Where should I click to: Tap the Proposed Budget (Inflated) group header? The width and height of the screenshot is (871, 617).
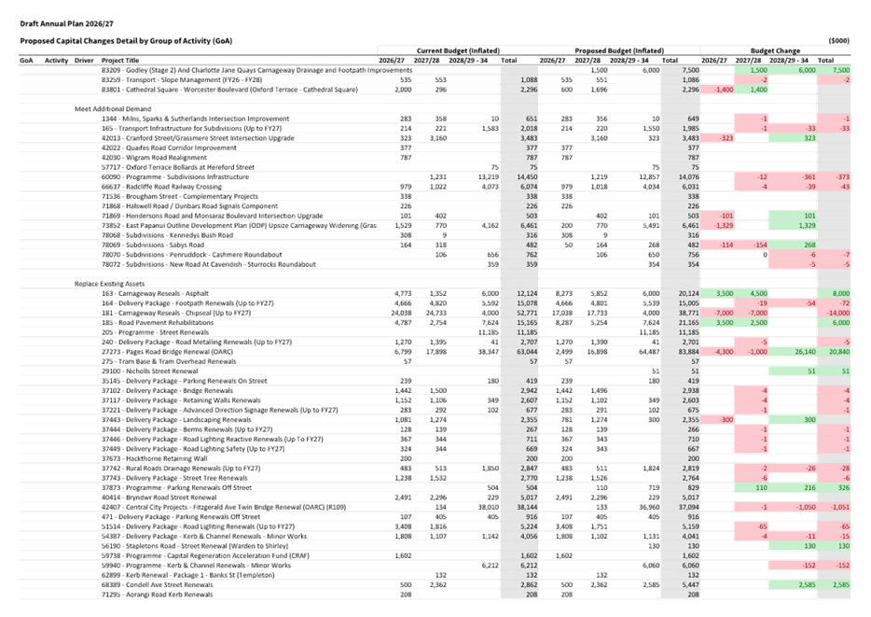618,49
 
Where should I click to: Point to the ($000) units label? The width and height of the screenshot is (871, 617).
839,40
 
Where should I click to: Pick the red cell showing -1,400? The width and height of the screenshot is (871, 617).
718,90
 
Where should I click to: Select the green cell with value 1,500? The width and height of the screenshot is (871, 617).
756,70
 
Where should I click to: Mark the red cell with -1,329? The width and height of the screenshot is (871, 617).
718,226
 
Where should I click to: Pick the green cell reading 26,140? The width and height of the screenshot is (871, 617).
799,352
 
